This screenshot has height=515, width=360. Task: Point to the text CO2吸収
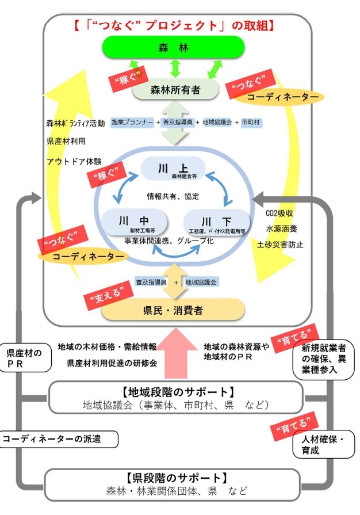pos(280,213)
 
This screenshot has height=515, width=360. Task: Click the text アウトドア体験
pos(74,161)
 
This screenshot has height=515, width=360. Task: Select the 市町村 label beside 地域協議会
pos(251,122)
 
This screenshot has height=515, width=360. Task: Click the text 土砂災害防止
pos(280,245)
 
